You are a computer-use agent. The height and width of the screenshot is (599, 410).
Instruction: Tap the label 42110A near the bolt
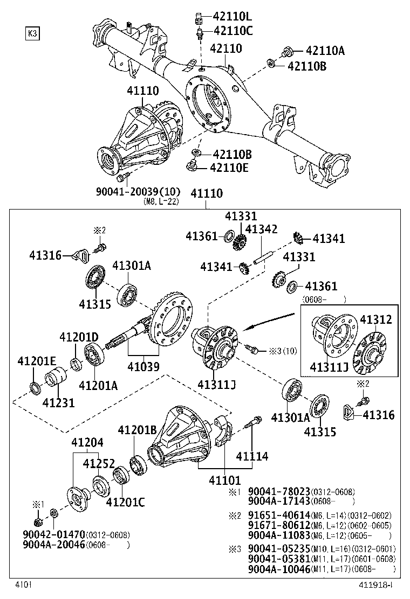325,51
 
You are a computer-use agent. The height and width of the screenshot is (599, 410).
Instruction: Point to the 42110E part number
230,168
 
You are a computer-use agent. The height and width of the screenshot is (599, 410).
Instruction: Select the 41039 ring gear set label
143,367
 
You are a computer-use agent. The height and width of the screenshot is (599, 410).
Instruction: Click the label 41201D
79,338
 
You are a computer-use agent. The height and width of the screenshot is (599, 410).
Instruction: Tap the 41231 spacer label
59,402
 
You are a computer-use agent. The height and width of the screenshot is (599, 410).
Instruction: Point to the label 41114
251,456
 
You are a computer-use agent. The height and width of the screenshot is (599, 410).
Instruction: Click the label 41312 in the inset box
376,319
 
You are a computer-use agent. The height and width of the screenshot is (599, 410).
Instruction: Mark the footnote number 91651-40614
278,516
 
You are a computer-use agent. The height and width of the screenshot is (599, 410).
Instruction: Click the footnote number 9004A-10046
278,569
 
